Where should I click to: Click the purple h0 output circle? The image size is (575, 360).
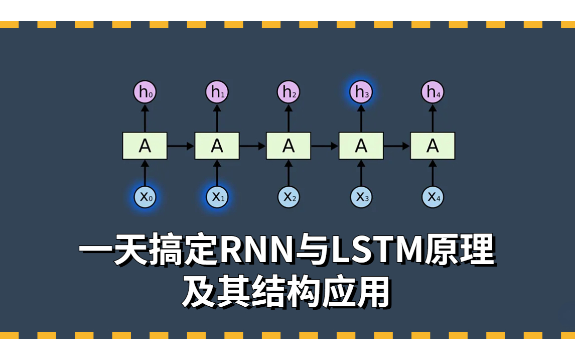coord(145,92)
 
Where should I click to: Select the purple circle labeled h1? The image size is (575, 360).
coord(217,92)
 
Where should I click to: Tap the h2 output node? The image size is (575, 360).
coord(289,92)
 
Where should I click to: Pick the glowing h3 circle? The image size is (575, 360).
coord(361,92)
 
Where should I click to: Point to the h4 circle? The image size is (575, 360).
coord(432,92)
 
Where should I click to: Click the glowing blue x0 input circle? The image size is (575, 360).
coord(145,197)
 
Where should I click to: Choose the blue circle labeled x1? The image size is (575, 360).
coord(217,197)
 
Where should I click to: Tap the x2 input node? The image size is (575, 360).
coord(289,197)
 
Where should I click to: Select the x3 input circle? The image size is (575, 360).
coord(361,197)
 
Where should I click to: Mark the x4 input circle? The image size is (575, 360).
coord(432,197)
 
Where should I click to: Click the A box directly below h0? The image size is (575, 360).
coord(145,146)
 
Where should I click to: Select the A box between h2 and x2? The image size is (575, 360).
coord(289,146)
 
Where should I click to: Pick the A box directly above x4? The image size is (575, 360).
coord(433,146)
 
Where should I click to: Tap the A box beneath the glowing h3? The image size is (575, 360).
coord(361,146)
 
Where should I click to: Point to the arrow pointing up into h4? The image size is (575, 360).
coord(432,118)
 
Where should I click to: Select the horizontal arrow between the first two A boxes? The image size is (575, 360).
coord(181,146)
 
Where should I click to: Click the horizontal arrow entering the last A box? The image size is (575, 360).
coord(397,146)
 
